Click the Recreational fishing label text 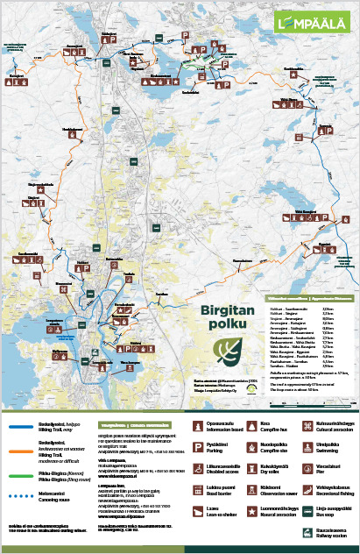click(x=334, y=496)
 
